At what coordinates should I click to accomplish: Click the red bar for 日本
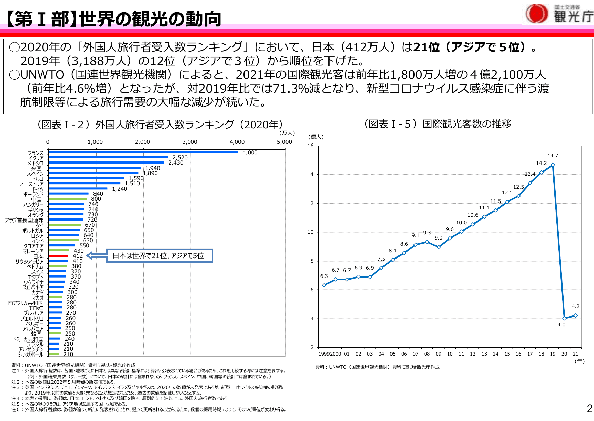point(59,256)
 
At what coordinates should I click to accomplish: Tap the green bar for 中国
point(68,199)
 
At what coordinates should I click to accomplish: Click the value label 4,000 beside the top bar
point(250,153)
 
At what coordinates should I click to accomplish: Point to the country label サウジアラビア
point(29,262)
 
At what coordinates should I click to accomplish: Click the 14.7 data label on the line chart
point(553,156)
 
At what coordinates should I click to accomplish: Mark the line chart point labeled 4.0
point(564,318)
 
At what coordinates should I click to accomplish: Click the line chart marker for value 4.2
point(576,315)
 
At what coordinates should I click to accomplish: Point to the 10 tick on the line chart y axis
point(311,232)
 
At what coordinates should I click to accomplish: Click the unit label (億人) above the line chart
point(316,137)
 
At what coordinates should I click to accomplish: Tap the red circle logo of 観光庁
point(536,14)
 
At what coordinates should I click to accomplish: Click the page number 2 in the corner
point(589,408)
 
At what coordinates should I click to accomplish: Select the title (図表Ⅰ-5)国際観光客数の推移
point(438,124)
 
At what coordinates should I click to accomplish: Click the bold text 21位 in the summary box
point(426,47)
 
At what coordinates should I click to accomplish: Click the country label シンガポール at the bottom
point(31,355)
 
